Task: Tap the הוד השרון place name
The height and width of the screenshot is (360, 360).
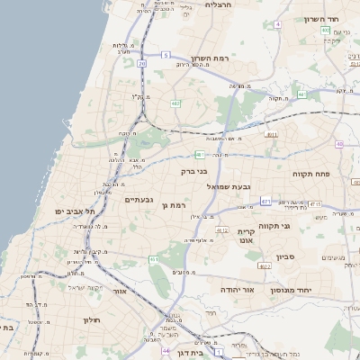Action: pos(333,19)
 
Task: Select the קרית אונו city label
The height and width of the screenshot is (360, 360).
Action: pos(247,237)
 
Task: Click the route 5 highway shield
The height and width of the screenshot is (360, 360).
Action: pos(166,55)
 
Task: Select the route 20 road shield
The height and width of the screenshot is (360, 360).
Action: pos(142,63)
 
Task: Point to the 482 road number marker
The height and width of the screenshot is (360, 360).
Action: pos(175,103)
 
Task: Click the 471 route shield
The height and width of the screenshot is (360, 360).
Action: pos(265,201)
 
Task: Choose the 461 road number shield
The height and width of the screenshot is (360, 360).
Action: pos(155,259)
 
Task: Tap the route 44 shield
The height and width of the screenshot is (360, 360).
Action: pos(166,351)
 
